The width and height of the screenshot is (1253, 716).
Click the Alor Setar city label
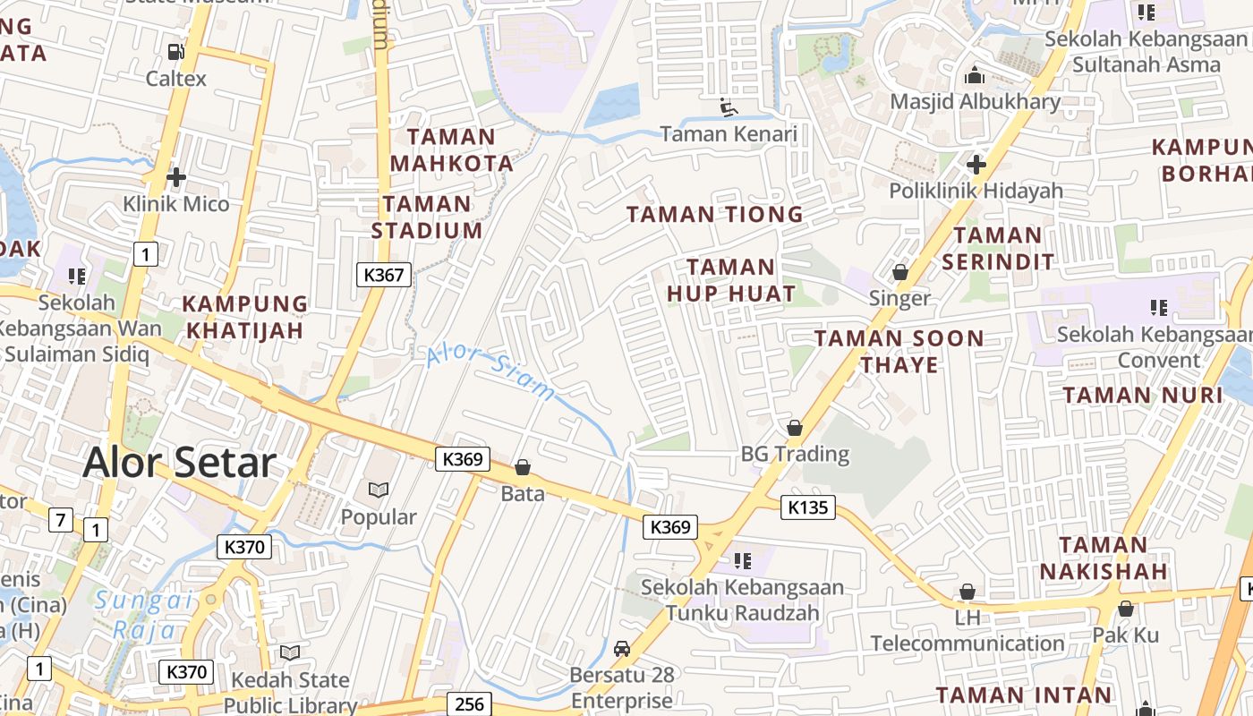pos(179,463)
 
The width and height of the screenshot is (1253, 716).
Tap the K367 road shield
pos(384,275)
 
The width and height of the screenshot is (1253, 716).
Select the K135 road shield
pos(808,508)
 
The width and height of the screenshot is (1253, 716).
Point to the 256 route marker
pos(469,703)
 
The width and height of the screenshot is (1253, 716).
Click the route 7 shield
pos(61,519)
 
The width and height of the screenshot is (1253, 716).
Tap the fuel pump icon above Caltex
pos(176,52)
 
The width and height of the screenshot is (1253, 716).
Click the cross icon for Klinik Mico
pos(176,177)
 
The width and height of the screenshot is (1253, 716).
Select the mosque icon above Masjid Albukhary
pos(975,75)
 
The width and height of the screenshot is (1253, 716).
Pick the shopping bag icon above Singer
pos(900,271)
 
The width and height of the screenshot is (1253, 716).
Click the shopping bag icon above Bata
pos(523,467)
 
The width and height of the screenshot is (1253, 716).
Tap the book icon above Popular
pos(379,490)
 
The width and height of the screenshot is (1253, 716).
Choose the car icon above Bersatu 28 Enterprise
pos(622,648)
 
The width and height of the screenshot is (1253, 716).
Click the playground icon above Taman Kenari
pos(729,107)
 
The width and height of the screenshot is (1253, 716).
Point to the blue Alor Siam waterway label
pos(490,371)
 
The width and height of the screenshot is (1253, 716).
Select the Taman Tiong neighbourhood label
pos(714,214)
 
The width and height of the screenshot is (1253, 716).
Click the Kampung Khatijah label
pos(245,317)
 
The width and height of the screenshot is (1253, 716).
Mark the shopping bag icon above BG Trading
pos(794,428)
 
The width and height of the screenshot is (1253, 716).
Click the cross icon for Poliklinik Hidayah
pos(976,165)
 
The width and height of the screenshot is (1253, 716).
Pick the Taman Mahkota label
pos(452,150)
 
